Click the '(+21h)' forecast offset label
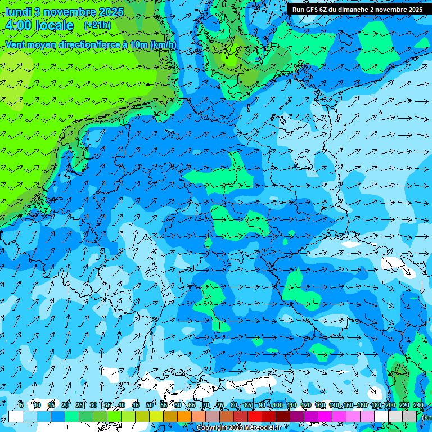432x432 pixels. point(97,25)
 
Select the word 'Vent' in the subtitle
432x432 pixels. point(16,44)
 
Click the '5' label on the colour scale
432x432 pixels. point(21,406)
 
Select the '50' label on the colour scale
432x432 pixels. point(150,406)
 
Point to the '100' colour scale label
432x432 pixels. point(277,406)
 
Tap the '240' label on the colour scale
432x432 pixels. point(418,406)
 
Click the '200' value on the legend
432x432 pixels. point(390,406)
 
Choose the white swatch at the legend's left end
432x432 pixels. point(16,417)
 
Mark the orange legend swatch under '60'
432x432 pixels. point(184,417)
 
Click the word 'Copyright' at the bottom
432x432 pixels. point(212,428)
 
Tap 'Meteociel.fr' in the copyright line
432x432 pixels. point(262,428)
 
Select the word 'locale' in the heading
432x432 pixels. point(53,25)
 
